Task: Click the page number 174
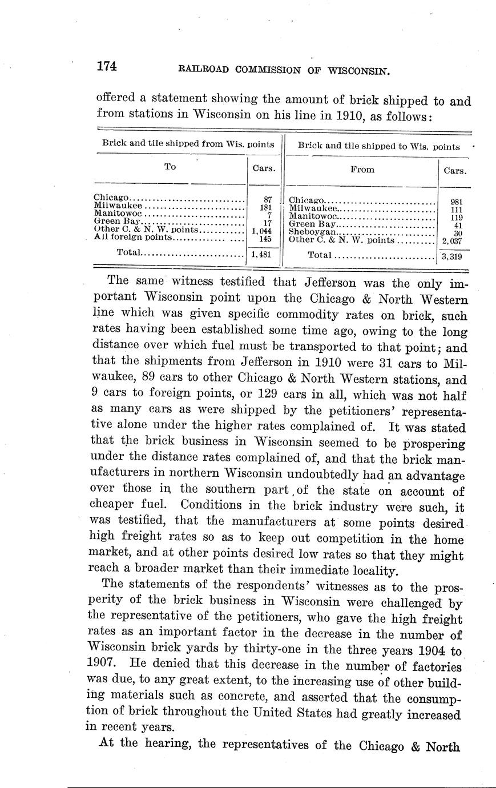click(x=107, y=66)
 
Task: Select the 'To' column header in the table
click(x=170, y=167)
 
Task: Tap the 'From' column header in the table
click(x=362, y=169)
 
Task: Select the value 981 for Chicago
click(x=456, y=202)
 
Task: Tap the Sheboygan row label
click(x=313, y=232)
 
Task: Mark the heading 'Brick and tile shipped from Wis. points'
click(x=188, y=143)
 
